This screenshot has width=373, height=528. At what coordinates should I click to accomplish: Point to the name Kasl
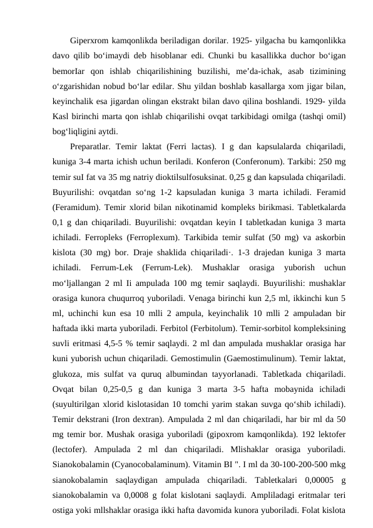click(63, 117)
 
